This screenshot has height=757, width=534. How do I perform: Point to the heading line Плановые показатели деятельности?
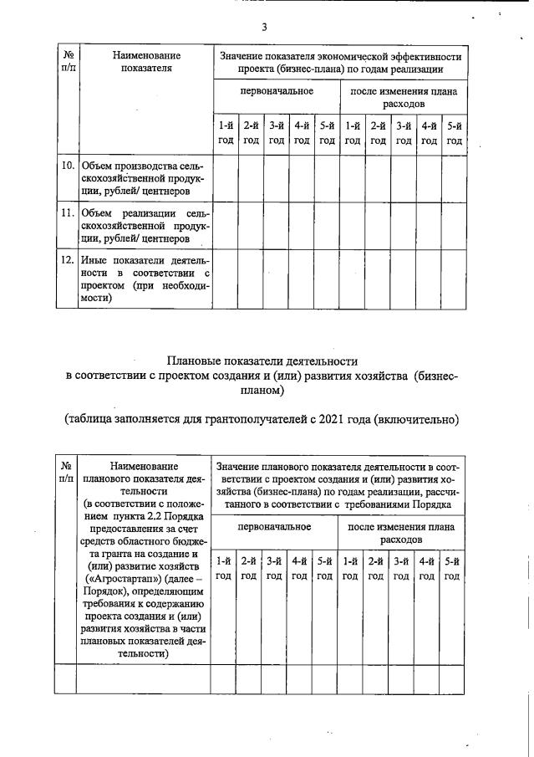tap(263, 361)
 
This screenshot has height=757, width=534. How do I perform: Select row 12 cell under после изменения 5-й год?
tap(454, 279)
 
